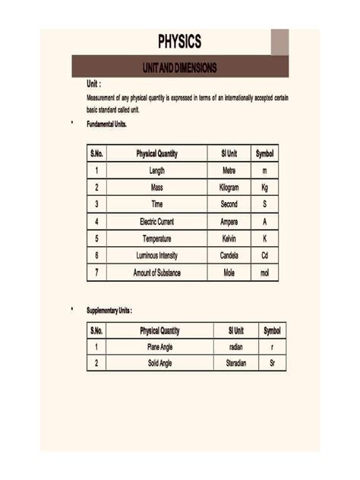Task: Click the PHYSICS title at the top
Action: pos(180,41)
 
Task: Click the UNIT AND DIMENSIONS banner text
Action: pos(179,68)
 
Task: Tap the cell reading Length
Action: pos(157,171)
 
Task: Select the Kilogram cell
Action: pos(229,188)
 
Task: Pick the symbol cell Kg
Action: pos(265,188)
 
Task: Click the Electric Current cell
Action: pos(157,222)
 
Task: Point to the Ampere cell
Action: pos(229,222)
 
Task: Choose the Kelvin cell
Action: pos(229,238)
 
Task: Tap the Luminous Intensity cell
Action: pos(157,255)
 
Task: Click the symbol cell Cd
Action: pos(265,255)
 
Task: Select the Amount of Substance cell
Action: pos(157,273)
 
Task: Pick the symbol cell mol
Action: pos(265,273)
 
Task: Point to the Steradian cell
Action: pos(235,364)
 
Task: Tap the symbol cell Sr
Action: pos(272,364)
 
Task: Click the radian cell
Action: pos(235,347)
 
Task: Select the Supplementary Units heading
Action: pos(109,311)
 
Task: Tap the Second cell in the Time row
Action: pos(229,204)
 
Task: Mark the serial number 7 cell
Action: pos(96,273)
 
